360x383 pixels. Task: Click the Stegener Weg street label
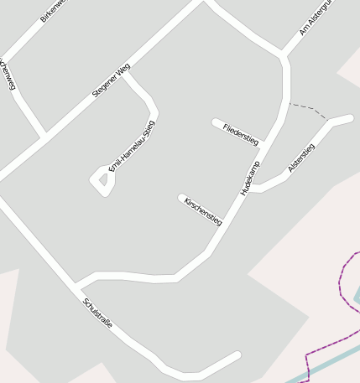[x=111, y=81]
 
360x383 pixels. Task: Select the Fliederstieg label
[x=241, y=135]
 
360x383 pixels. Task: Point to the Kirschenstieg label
[x=203, y=211]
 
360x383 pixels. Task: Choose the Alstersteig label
[x=301, y=158]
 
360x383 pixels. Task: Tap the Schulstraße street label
[x=97, y=311]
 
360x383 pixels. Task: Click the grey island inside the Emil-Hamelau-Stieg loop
[x=102, y=179]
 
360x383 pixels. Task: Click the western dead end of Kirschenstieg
[x=181, y=198]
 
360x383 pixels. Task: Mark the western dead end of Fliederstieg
[x=216, y=122]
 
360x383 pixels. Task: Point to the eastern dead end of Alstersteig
[x=349, y=118]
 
